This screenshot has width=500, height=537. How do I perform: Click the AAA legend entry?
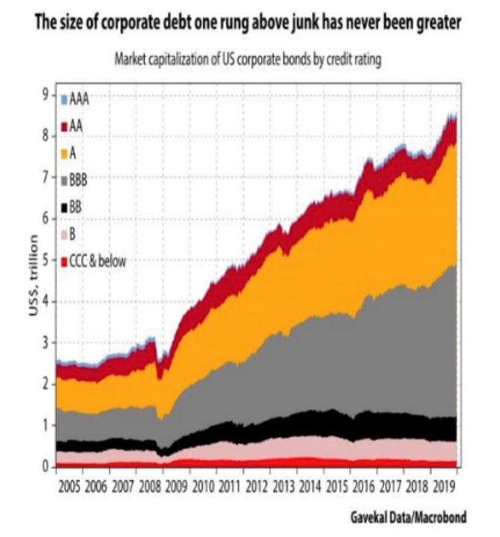click(79, 97)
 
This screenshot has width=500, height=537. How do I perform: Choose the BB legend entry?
click(76, 208)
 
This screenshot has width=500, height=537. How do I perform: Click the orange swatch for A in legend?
click(65, 153)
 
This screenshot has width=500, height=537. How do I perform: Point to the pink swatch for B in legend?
click(65, 235)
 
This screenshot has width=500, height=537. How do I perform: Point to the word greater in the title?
click(438, 25)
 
